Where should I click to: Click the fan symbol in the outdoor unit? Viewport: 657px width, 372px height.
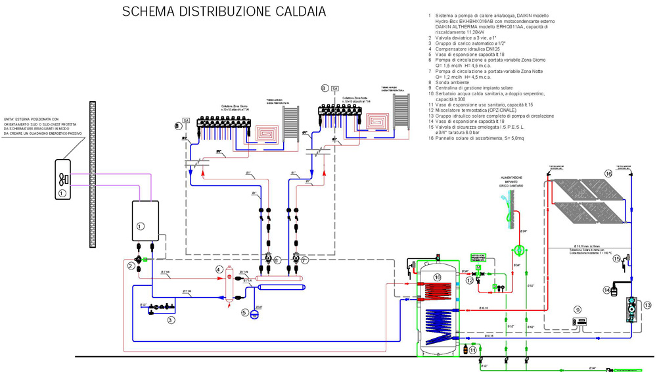click(x=64, y=179)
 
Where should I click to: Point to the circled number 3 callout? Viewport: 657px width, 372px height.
click(x=170, y=320)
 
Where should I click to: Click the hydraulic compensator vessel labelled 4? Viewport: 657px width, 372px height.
click(x=230, y=281)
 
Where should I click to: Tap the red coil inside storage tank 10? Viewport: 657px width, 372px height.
click(x=438, y=292)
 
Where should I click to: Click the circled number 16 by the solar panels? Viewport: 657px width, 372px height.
click(x=608, y=174)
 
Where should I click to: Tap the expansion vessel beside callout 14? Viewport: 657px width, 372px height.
click(x=617, y=287)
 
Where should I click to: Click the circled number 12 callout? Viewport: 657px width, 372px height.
click(x=470, y=281)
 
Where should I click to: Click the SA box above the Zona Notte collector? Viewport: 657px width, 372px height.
click(x=334, y=88)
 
